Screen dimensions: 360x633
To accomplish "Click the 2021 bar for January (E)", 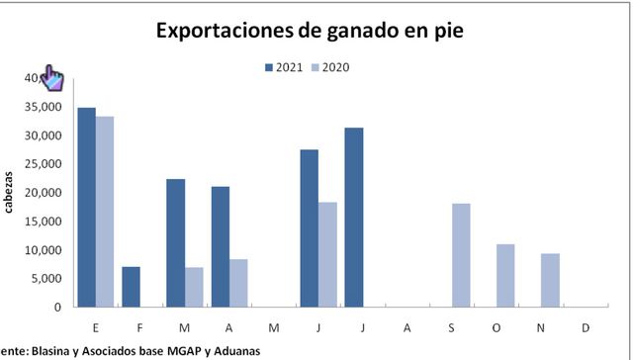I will tap(87, 208).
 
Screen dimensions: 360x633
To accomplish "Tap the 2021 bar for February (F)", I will tap(132, 287).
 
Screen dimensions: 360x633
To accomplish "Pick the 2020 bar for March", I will tap(194, 287).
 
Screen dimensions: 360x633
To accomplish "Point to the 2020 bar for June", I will tap(327, 254).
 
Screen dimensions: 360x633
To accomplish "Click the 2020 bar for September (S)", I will tap(461, 255).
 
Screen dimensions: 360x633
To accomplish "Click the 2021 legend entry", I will tap(284, 67).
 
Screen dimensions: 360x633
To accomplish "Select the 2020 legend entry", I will tap(330, 67).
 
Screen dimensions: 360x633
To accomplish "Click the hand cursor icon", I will tap(51, 78).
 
